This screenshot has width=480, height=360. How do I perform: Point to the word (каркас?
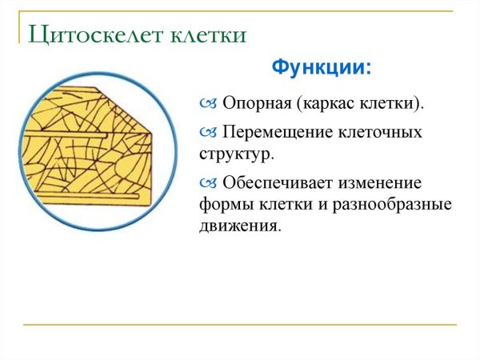tap(325, 104)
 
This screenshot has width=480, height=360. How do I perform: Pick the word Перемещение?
tap(282, 131)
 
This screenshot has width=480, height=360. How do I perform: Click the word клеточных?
tap(382, 131)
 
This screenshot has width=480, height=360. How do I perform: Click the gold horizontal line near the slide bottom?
tap(240, 325)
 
